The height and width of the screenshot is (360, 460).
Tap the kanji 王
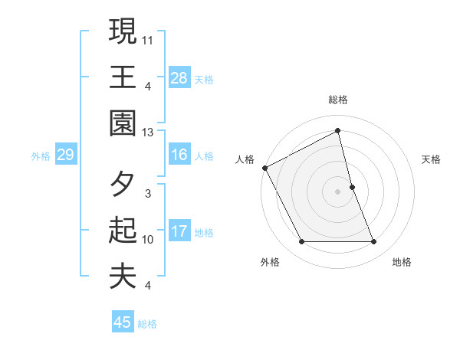[x=123, y=77]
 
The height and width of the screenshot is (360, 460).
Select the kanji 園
[x=123, y=123]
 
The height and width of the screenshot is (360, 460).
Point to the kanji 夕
[x=123, y=185]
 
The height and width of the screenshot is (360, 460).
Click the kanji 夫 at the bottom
[x=123, y=276]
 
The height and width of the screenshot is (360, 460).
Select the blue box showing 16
[x=179, y=155]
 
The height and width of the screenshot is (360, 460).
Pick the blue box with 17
[x=179, y=231]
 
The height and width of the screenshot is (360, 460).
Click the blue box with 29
[x=65, y=155]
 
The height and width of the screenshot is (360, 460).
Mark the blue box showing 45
[x=123, y=322]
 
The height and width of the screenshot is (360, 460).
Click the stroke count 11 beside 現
[x=149, y=38]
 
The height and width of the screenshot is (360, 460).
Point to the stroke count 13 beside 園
[x=148, y=133]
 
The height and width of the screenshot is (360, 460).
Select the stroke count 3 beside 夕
[x=148, y=193]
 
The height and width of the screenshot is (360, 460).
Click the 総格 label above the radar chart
[x=338, y=100]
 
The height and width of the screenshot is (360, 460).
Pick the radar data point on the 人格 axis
[x=264, y=168]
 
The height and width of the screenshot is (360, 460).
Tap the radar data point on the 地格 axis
[x=374, y=242]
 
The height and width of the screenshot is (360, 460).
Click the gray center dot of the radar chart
[x=338, y=191]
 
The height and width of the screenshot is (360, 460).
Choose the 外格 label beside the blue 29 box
[x=41, y=156]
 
